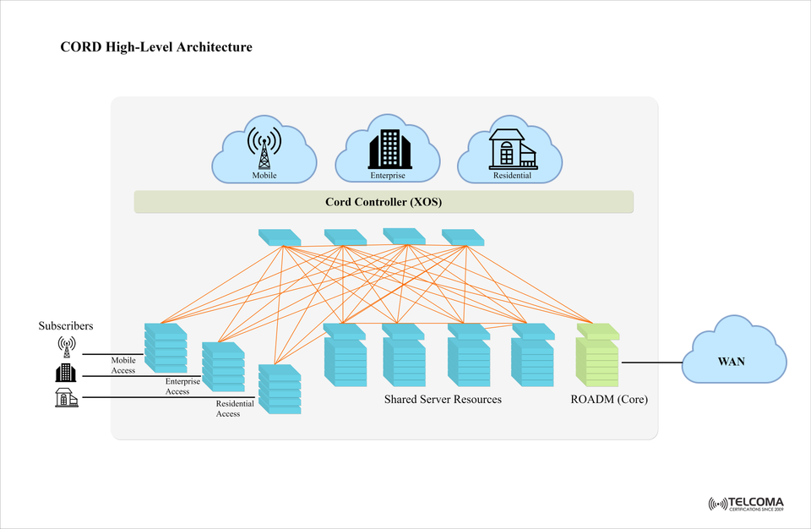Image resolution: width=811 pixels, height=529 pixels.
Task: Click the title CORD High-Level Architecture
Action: [x=156, y=47]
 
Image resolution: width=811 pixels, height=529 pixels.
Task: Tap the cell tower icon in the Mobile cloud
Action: [x=264, y=147]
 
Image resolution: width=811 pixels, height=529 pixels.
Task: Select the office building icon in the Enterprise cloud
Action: [x=388, y=149]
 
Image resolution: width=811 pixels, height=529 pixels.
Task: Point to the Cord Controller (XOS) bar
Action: [x=384, y=202]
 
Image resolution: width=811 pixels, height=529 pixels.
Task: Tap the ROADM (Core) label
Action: [x=609, y=399]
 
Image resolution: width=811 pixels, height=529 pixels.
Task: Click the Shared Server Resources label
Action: [x=443, y=399]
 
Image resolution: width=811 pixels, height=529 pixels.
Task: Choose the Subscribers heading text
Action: [x=66, y=325]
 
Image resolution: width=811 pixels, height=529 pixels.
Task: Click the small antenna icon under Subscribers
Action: [x=66, y=346]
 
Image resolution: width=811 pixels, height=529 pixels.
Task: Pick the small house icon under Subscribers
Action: [x=66, y=398]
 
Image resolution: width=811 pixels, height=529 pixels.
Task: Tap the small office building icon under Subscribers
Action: [x=66, y=372]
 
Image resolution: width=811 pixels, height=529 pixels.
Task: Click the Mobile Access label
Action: [x=123, y=365]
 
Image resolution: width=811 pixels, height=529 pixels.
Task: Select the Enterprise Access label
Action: [x=177, y=387]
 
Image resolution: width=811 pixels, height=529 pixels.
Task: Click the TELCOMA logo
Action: [x=746, y=504]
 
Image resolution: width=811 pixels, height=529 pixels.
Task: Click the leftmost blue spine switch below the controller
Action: [x=279, y=237]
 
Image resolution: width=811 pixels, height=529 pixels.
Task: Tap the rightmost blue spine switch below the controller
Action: [x=463, y=237]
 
